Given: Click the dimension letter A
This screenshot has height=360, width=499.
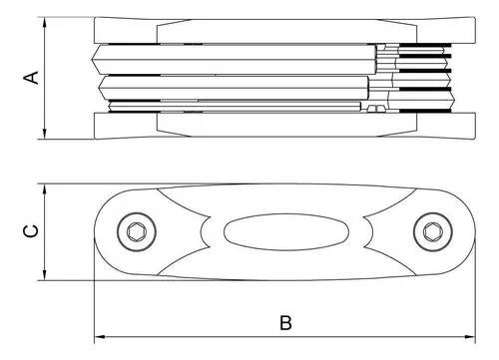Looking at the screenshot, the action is click(31, 77).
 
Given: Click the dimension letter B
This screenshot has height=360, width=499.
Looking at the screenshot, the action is click(285, 322).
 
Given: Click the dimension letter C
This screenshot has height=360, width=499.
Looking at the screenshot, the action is click(31, 231).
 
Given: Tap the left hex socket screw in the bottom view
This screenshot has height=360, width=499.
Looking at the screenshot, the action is click(137, 231).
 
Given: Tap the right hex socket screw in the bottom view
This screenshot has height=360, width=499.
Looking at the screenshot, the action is click(433, 231).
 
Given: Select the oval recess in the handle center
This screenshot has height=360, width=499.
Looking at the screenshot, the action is click(286, 231).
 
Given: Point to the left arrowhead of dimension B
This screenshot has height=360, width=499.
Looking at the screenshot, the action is click(100, 337).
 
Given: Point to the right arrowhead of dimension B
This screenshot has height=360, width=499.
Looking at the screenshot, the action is click(470, 337).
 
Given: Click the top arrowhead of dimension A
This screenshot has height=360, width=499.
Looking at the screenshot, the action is click(45, 22).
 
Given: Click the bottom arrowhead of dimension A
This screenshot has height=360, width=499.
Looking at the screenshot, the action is click(45, 134).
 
